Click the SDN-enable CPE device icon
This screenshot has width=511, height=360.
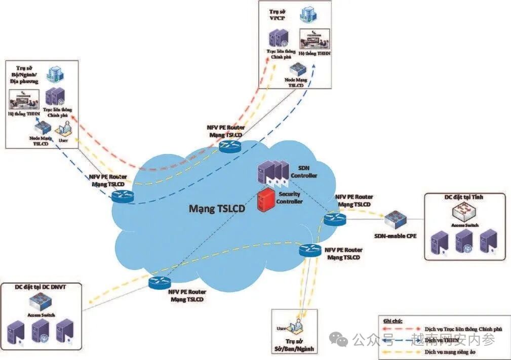pyautogui.click(x=395, y=220)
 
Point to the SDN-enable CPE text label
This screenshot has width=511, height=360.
pyautogui.click(x=395, y=235)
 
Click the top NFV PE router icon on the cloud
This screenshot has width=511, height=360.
pyautogui.click(x=231, y=147)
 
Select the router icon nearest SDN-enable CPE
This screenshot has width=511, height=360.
pyautogui.click(x=335, y=219)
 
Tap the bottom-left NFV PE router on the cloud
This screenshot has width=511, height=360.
pyautogui.click(x=159, y=283)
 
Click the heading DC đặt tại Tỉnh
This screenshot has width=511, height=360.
pyautogui.click(x=464, y=197)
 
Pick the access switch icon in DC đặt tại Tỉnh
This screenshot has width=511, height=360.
pyautogui.click(x=463, y=212)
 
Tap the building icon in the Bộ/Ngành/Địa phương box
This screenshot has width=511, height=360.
pyautogui.click(x=54, y=75)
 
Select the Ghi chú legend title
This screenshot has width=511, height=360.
pyautogui.click(x=393, y=321)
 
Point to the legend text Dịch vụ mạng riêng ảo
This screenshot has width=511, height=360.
pyautogui.click(x=456, y=351)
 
